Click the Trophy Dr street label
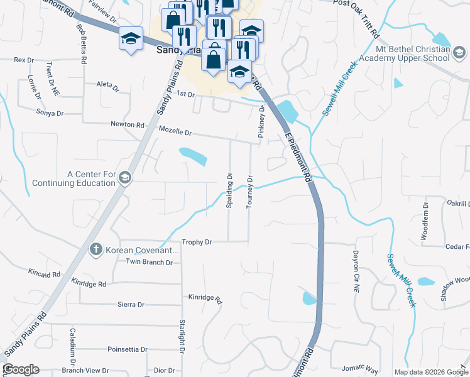(x=197, y=242)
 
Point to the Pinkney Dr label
(x=261, y=122)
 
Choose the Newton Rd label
(x=128, y=124)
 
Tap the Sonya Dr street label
(x=50, y=113)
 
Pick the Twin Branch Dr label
(x=149, y=262)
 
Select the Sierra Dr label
(x=131, y=305)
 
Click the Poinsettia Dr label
(x=128, y=349)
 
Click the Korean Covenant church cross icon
(x=96, y=249)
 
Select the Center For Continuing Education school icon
(x=124, y=178)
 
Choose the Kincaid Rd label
(x=44, y=273)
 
